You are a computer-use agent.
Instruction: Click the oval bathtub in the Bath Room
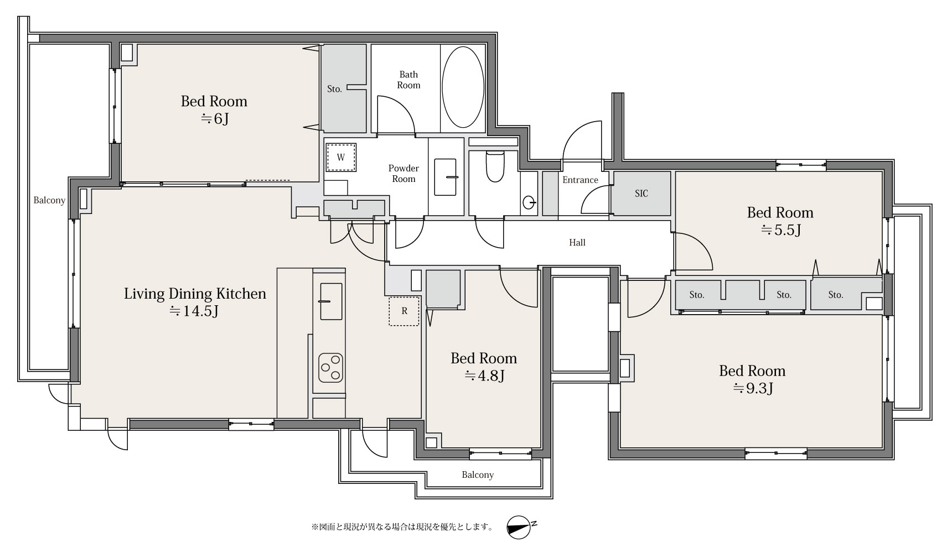[x=463, y=87]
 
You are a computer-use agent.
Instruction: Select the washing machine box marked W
[x=341, y=158]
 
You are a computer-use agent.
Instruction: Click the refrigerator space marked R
[x=404, y=311]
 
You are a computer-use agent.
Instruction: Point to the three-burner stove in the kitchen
[x=330, y=367]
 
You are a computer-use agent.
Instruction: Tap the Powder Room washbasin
[x=446, y=177]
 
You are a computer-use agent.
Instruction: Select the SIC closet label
[x=641, y=194]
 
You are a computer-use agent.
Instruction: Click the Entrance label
[x=580, y=180]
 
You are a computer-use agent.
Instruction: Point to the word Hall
[x=577, y=242]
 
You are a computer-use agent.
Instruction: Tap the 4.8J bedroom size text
[x=484, y=376]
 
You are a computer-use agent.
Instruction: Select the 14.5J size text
[x=194, y=311]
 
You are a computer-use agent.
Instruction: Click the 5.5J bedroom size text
[x=780, y=230]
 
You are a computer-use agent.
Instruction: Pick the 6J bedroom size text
[x=214, y=118]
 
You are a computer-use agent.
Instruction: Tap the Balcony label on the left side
[x=49, y=201]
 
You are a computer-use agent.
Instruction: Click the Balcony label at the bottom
[x=478, y=475]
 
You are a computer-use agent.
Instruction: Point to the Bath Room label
[x=408, y=80]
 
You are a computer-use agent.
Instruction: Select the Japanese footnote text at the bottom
[x=402, y=527]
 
